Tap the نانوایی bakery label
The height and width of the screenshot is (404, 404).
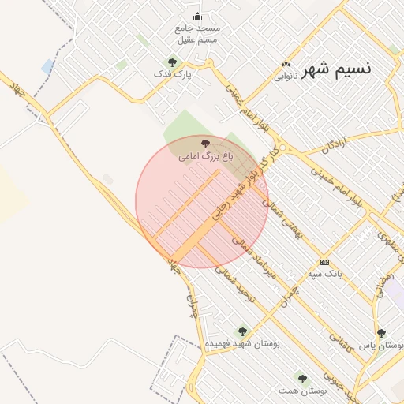tap(286, 77)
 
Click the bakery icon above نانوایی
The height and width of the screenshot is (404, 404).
tap(286, 64)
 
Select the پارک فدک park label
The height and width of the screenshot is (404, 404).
tap(173, 74)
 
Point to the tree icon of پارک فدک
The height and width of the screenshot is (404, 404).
tap(172, 62)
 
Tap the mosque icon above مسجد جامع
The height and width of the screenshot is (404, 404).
tap(197, 17)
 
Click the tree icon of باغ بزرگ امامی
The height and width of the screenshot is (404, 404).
tap(206, 144)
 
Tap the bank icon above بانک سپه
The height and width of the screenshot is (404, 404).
tap(324, 262)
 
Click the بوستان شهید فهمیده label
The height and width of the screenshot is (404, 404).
tap(242, 344)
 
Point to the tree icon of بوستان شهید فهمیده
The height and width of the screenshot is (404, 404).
tap(241, 331)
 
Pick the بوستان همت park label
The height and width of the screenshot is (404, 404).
tap(302, 391)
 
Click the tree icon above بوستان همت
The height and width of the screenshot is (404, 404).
tap(301, 379)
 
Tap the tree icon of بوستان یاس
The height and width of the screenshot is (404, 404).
tap(382, 333)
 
